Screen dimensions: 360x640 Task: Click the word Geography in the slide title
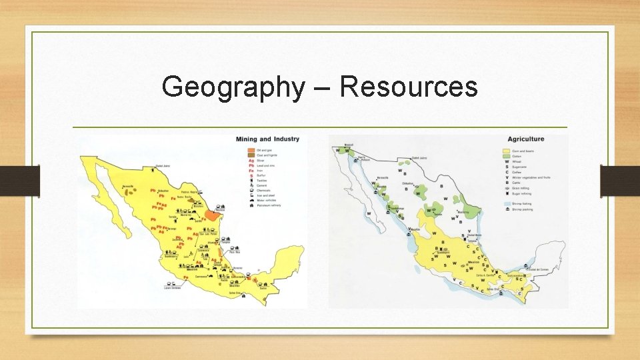pos(231,87)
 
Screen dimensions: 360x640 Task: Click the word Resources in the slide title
pos(409,87)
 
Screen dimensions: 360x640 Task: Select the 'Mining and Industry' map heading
pos(267,139)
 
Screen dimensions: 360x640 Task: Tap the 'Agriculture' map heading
pos(526,139)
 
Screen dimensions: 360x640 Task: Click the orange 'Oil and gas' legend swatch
pos(251,150)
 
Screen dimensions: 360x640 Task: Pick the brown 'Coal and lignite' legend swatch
pos(251,155)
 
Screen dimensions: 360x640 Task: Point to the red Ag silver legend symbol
pos(251,161)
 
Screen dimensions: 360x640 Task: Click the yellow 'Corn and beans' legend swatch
pos(507,151)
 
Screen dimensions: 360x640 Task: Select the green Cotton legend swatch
pos(507,156)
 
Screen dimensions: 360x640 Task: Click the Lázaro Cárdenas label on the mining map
pos(173,287)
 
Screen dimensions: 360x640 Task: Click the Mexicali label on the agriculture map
pos(348,143)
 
